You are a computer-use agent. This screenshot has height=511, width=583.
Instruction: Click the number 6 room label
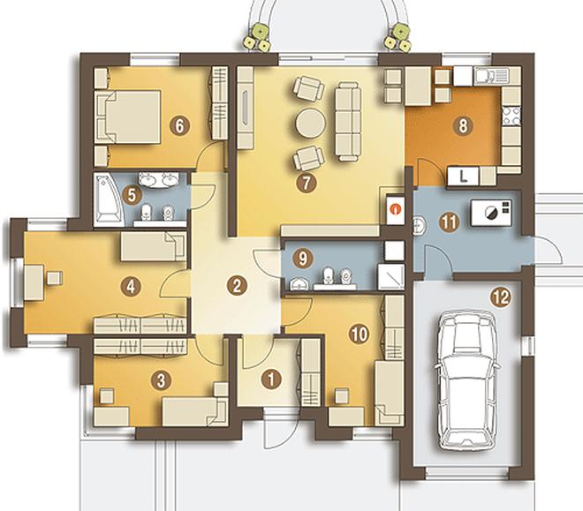(x=179, y=125)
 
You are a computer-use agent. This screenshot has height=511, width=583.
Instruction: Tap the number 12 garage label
(x=501, y=297)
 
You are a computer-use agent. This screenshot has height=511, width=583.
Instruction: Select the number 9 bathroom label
(x=303, y=259)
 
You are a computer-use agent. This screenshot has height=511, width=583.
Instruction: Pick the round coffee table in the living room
(x=310, y=124)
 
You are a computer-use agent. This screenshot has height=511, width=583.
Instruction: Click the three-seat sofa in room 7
(x=348, y=122)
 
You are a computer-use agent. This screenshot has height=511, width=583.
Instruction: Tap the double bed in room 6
(x=127, y=116)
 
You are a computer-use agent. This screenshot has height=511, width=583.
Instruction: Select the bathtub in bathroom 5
(x=109, y=199)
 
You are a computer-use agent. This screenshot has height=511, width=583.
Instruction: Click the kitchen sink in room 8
(x=491, y=75)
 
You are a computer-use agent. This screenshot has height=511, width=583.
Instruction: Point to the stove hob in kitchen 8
(x=511, y=116)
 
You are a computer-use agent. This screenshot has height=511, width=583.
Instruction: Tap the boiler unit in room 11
(x=491, y=213)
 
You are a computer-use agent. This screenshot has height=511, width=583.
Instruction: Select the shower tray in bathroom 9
(x=390, y=276)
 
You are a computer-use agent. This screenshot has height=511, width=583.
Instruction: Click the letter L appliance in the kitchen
(x=463, y=176)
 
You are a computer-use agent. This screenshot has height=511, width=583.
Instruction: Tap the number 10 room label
(x=359, y=334)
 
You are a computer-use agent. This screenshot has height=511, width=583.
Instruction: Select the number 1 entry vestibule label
(x=271, y=379)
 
